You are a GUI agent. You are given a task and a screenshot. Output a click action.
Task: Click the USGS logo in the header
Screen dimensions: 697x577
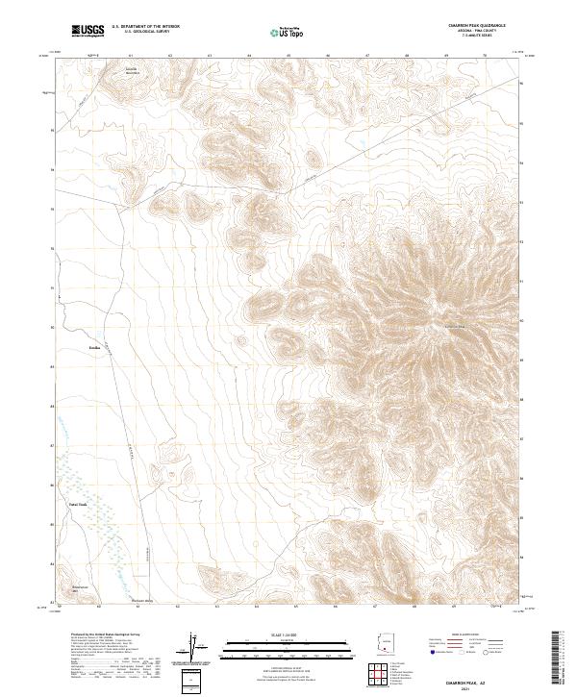(x=88, y=31)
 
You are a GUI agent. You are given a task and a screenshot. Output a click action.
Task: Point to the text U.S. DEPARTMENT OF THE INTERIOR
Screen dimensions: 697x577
(x=145, y=27)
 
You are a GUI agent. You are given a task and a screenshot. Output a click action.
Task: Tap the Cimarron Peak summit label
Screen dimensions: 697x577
(x=454, y=324)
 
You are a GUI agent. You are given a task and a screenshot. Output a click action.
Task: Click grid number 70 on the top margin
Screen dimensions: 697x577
(x=485, y=56)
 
